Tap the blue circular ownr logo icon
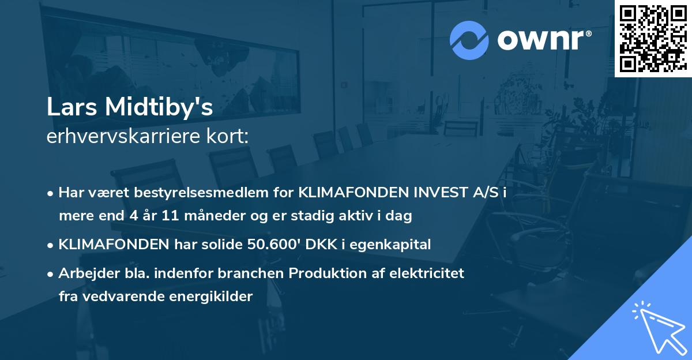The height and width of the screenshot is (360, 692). click(x=469, y=39)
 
